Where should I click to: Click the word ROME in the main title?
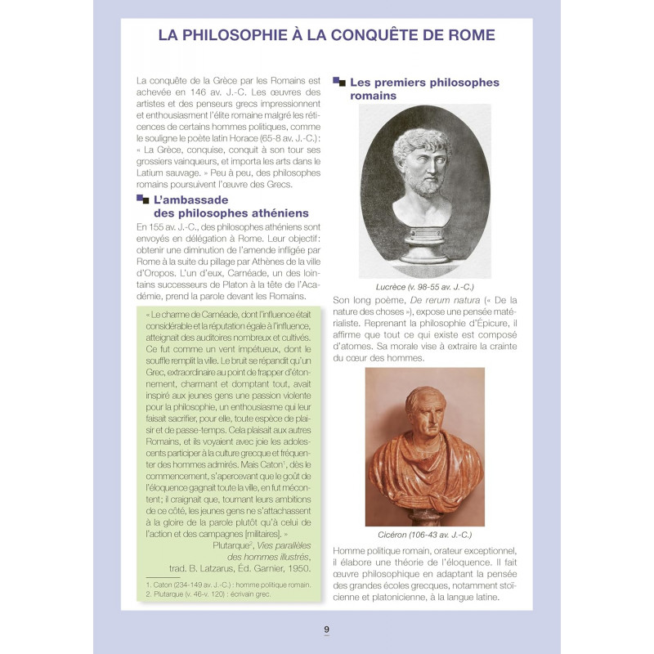[466, 36]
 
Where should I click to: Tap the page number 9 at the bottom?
[326, 629]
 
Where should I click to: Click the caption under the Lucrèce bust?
[425, 288]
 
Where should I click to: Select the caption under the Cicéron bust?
[425, 535]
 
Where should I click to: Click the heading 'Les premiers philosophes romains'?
[423, 89]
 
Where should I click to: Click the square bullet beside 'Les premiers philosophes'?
[339, 82]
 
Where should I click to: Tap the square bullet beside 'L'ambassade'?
[143, 199]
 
